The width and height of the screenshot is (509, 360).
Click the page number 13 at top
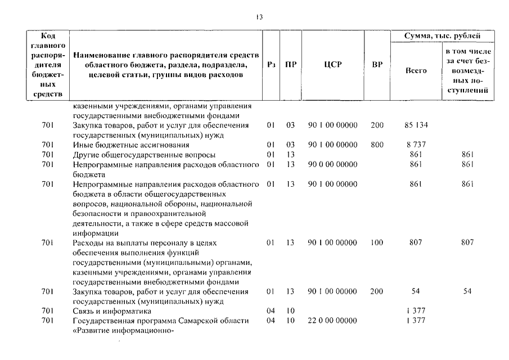[x=259, y=17]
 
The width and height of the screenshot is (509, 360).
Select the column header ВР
[x=377, y=65]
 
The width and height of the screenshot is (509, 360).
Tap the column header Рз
[x=271, y=65]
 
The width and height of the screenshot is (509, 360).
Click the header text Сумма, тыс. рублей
[x=444, y=36]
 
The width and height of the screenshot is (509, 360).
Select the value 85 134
[x=416, y=125]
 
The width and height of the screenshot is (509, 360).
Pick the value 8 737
[x=416, y=145]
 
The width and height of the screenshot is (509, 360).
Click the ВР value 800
[x=377, y=145]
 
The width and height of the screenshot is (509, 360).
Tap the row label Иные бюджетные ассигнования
[x=118, y=145]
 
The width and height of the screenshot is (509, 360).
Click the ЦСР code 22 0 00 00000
[x=332, y=321]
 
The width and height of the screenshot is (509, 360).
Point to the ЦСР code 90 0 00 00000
[x=332, y=164]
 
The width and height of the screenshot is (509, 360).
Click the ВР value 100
[x=377, y=242]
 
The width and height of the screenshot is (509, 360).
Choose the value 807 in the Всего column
[x=416, y=242]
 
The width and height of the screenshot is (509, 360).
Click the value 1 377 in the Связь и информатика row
[x=416, y=310]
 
